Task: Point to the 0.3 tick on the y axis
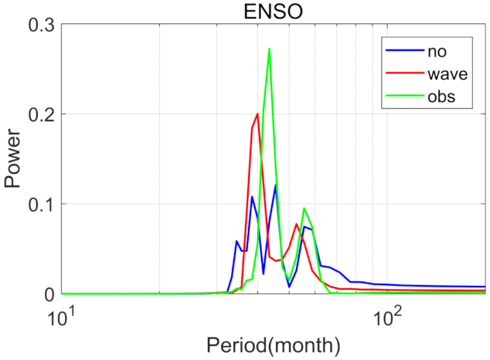[x=38, y=24]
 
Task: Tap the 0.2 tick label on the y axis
[x=38, y=114]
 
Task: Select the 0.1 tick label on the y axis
[x=38, y=204]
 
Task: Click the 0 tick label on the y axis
[x=46, y=294]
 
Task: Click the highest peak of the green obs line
[x=269, y=49]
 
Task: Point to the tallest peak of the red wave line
[x=257, y=114]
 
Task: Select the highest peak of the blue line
[x=275, y=185]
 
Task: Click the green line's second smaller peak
[x=305, y=209]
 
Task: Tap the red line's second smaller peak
[x=297, y=224]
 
